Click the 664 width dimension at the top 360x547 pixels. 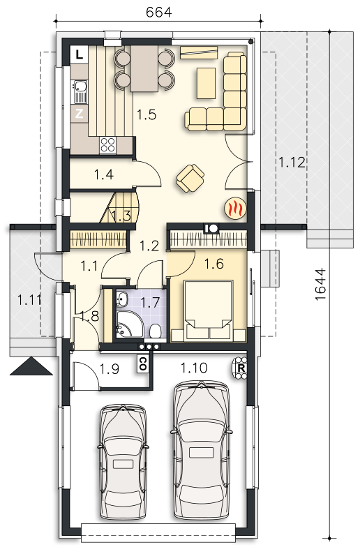(159, 13)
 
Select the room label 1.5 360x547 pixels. (147, 114)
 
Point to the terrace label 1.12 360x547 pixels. (292, 162)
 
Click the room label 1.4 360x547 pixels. (104, 174)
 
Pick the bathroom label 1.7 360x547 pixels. (150, 301)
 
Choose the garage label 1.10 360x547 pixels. (194, 368)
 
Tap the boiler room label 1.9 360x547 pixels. (110, 369)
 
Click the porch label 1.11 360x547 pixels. (29, 300)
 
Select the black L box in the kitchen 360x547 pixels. (80, 54)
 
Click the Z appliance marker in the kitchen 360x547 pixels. (80, 114)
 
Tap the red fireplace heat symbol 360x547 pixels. (235, 209)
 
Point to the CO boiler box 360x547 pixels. (142, 364)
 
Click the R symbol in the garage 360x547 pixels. (240, 368)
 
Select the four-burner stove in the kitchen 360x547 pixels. (107, 145)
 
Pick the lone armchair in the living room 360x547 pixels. (190, 178)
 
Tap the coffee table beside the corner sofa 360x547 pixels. (207, 84)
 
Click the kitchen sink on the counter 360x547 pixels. (80, 92)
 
